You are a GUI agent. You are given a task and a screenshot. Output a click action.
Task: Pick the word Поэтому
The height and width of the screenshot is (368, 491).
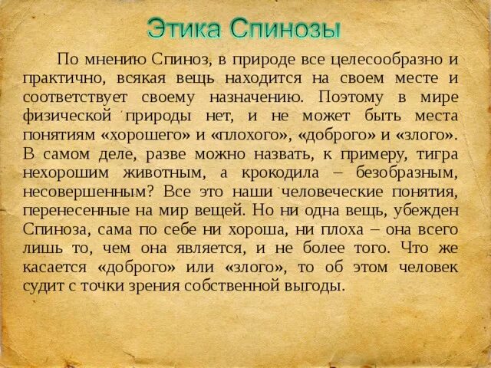point(349,97)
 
